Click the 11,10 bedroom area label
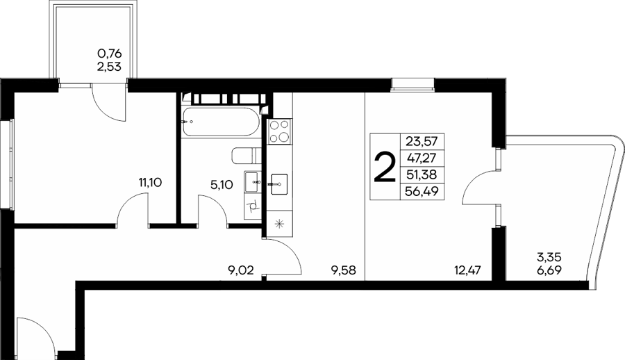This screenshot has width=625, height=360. tap(150, 183)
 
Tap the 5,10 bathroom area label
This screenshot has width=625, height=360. tap(222, 185)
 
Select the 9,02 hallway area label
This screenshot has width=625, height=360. tap(240, 271)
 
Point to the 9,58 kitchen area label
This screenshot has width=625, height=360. tap(343, 271)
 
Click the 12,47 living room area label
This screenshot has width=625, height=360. tap(467, 270)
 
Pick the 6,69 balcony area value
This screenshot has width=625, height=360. tap(549, 270)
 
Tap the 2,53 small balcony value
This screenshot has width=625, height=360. tap(109, 66)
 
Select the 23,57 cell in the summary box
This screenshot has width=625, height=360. tap(422, 141)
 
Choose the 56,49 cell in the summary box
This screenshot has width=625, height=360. tap(422, 192)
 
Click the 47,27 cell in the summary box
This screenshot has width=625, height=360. tap(422, 158)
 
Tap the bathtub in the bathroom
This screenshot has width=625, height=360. tap(220, 122)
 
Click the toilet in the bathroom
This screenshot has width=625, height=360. tap(246, 156)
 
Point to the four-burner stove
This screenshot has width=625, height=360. tap(279, 131)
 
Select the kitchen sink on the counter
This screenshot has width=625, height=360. tap(279, 184)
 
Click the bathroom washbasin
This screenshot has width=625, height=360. tap(253, 182)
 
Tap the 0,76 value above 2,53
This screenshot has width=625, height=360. tap(110, 53)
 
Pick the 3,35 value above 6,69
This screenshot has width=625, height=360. tap(549, 256)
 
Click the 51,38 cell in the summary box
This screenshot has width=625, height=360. tap(422, 174)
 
